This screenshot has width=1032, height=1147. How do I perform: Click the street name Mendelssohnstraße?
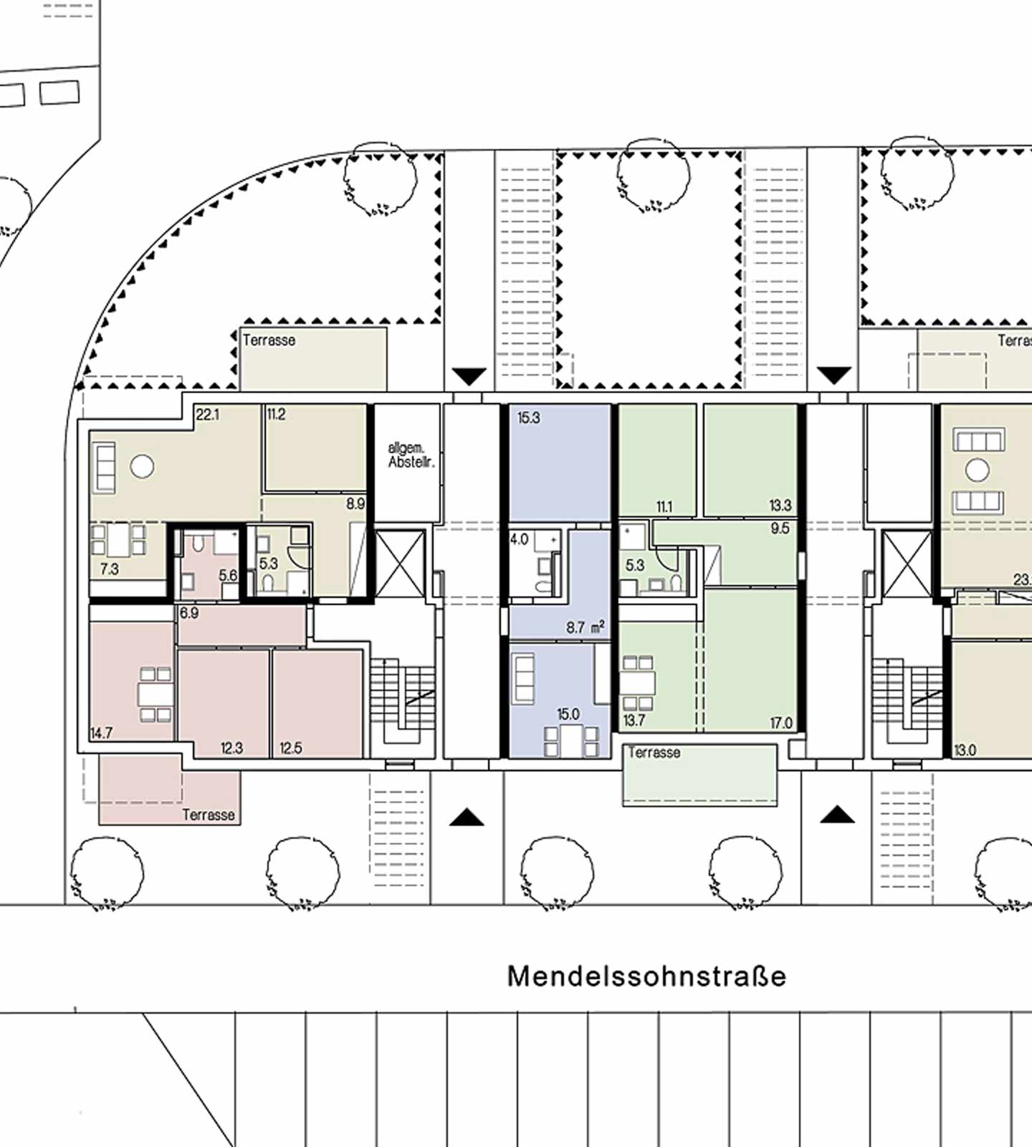click(x=646, y=976)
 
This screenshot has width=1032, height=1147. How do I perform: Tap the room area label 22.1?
click(x=207, y=414)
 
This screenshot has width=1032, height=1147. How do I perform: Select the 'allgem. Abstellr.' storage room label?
click(x=411, y=455)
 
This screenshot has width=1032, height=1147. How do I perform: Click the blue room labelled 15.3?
click(x=560, y=463)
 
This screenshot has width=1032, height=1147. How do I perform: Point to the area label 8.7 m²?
click(x=585, y=627)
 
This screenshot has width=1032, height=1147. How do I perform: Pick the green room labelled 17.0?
click(x=750, y=660)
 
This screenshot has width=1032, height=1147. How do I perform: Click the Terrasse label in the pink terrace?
click(x=209, y=815)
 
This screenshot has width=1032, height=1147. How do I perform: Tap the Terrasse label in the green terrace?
click(x=654, y=753)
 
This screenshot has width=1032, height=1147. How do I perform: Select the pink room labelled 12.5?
click(x=317, y=703)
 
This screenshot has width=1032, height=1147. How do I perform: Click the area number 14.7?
click(x=101, y=733)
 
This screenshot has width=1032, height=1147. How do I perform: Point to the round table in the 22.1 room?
click(x=142, y=467)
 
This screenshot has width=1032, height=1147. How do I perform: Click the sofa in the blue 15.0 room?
click(x=524, y=678)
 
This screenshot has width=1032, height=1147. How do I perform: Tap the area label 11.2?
click(x=276, y=414)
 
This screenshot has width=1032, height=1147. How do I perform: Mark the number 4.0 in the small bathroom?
click(x=520, y=539)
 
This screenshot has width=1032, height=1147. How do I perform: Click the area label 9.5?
click(x=780, y=528)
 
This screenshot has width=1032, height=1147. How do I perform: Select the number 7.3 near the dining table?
click(x=110, y=569)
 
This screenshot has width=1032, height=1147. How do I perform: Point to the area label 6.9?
click(x=189, y=613)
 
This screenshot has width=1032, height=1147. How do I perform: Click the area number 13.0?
click(x=965, y=751)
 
